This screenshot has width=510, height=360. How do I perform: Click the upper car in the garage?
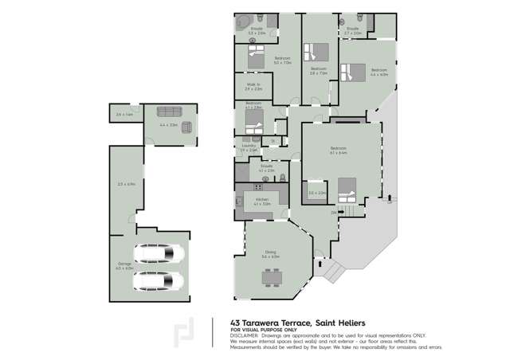pos(158,253)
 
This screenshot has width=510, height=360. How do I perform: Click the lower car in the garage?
pos(158,280)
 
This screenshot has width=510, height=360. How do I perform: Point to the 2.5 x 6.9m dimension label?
pos(126,185)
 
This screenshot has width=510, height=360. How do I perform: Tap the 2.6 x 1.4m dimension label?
pos(124,115)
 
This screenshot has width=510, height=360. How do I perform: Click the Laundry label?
pos(248,146)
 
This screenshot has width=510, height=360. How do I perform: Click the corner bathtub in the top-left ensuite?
pos(242,23)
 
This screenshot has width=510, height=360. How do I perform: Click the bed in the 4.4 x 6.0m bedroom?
pos(351,72)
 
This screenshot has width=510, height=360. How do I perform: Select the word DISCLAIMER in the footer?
pos(245,335)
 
